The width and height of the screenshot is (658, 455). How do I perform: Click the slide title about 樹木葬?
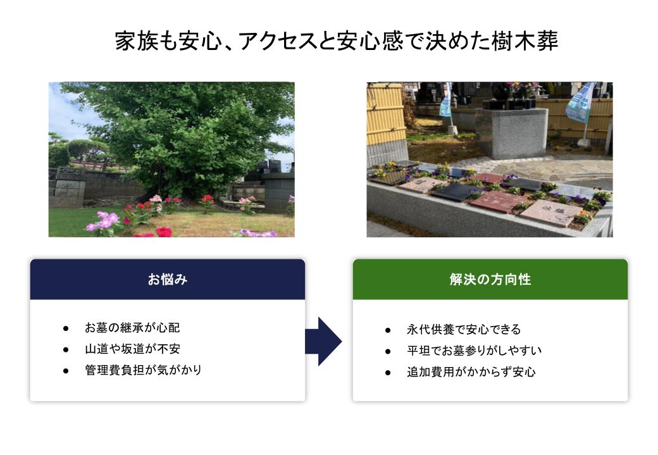pos(337,41)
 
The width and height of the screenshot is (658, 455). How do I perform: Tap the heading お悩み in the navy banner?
pos(168,279)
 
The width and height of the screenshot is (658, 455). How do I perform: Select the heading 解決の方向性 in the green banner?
pos(490,279)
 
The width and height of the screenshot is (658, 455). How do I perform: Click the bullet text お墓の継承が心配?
pos(132,328)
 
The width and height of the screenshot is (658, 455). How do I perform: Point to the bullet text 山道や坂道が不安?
pos(132,349)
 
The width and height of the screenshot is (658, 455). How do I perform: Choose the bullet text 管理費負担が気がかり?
pos(143,370)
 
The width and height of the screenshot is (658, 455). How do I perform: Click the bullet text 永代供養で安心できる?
pos(464,330)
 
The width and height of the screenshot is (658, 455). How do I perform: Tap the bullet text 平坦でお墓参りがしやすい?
pos(474,351)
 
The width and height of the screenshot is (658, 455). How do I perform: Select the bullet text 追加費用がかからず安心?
pos(471,372)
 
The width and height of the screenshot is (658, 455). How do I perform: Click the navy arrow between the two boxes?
pos(323,342)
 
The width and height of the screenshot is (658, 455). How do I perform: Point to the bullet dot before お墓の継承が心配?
pos(66,328)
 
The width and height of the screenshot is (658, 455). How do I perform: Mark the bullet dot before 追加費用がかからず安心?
pos(388,373)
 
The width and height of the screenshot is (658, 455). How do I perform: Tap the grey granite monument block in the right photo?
pos(513,134)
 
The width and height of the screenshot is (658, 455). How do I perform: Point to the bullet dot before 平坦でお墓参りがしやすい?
pos(388,351)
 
